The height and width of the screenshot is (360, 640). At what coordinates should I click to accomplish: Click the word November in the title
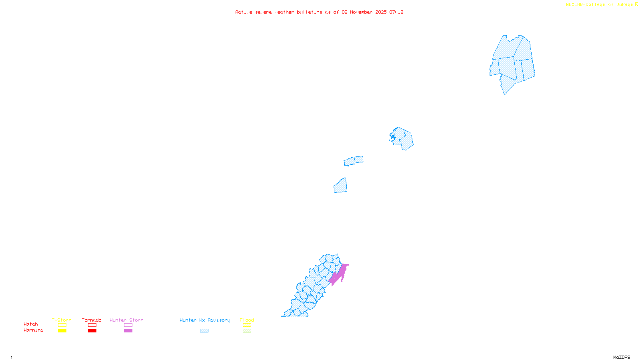[361, 12]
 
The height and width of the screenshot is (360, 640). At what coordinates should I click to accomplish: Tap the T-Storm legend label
[62, 320]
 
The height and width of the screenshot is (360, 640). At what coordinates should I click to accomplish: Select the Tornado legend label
[92, 320]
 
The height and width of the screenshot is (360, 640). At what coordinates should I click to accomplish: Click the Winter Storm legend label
[126, 320]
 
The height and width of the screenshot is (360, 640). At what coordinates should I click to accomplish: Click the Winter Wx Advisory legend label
[205, 320]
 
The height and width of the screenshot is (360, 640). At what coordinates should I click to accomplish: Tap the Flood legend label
[247, 320]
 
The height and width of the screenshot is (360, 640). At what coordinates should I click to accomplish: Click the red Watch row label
[31, 324]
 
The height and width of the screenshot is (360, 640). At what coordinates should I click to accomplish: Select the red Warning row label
[34, 330]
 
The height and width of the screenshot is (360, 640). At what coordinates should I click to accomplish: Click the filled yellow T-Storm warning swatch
[62, 331]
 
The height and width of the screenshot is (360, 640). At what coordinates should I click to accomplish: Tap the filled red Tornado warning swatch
[92, 331]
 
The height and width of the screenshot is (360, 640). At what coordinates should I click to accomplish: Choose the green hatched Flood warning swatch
[247, 331]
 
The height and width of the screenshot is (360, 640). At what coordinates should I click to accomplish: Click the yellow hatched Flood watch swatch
[247, 325]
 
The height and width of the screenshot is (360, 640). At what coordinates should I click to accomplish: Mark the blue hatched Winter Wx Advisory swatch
[204, 331]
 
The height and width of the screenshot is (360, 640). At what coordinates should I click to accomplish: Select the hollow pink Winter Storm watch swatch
[128, 325]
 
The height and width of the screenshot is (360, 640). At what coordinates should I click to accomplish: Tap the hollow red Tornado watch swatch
[92, 325]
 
